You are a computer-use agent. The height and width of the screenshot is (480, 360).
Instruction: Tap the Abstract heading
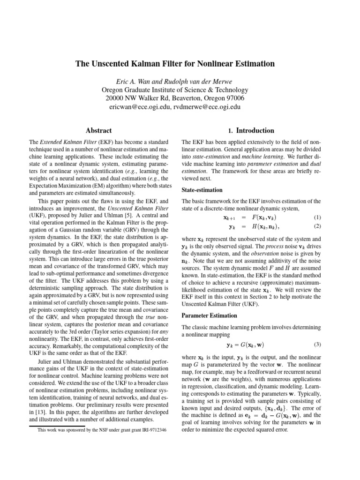click(98, 130)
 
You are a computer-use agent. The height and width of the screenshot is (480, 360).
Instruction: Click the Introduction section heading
click(251, 130)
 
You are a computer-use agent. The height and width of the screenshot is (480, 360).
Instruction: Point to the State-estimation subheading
click(202, 190)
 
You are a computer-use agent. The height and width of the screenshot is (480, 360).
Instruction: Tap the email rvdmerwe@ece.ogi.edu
click(208, 107)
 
